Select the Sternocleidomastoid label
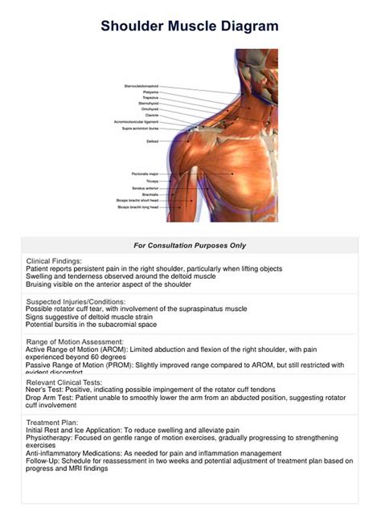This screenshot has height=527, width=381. click(x=141, y=85)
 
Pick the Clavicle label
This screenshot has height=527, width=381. click(x=150, y=115)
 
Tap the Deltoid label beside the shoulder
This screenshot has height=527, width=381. click(x=152, y=141)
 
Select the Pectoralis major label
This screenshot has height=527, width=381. click(x=145, y=174)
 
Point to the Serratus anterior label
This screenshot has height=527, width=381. click(x=145, y=187)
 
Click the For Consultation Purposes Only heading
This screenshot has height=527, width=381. click(x=190, y=245)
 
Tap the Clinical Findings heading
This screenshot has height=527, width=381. click(x=54, y=261)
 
